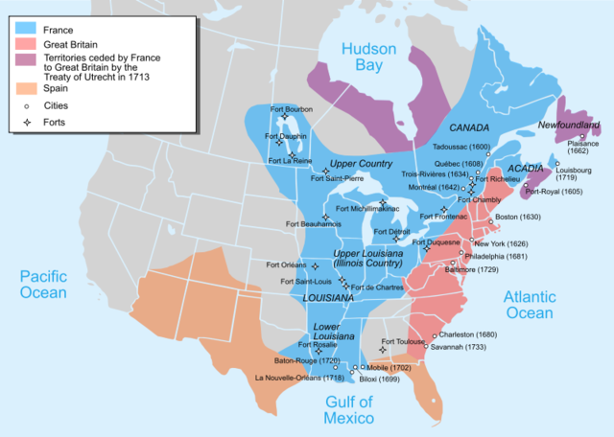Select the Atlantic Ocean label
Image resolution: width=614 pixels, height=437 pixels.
click(x=529, y=305)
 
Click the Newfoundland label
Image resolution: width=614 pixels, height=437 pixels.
click(x=569, y=126)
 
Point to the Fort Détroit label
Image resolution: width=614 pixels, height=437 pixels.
click(x=391, y=232)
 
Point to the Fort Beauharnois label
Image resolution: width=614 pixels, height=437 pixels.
click(x=315, y=224)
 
